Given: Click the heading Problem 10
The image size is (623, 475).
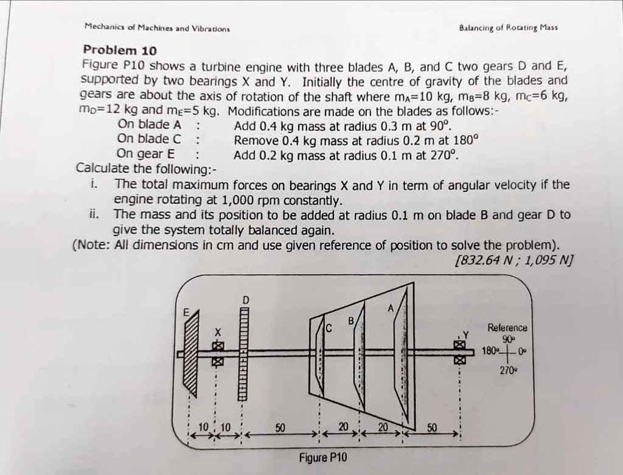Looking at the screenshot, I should [x=120, y=50].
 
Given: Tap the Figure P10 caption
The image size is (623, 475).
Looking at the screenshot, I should [x=323, y=457].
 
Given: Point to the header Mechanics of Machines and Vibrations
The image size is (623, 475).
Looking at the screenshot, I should [x=157, y=27].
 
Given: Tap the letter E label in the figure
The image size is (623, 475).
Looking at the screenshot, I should [x=187, y=312].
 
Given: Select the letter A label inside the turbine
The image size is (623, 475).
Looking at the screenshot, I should [x=391, y=308].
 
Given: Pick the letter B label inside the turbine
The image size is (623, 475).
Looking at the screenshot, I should [x=351, y=320].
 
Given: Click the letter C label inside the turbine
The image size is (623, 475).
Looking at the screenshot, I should [x=329, y=329].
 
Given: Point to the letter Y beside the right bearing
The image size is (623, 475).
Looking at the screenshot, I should [x=467, y=334].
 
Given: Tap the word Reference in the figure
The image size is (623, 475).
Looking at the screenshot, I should [x=507, y=328].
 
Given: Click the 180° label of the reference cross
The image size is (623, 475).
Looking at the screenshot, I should [x=490, y=352].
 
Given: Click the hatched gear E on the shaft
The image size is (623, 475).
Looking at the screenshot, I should [x=191, y=353].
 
